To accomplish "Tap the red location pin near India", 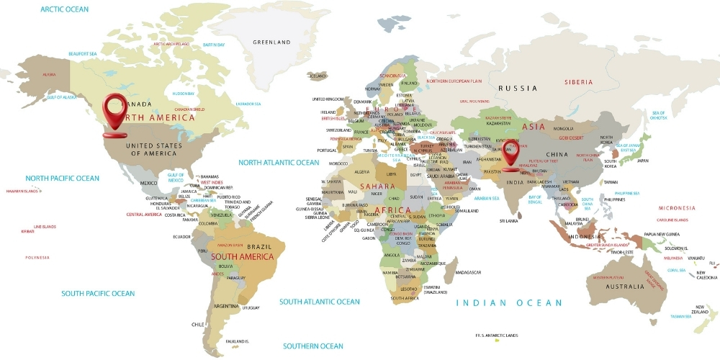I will [512, 153].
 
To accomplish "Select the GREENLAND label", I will [271, 42].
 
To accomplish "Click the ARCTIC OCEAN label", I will [65, 9].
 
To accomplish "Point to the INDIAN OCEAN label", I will [510, 303].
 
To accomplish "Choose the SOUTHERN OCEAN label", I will [313, 346].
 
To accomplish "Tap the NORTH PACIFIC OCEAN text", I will [63, 178].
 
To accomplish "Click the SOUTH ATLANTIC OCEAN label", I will [319, 302].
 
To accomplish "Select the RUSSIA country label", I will [518, 88].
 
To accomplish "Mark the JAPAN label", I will [642, 161].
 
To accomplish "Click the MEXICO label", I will [149, 183].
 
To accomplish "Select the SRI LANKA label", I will [509, 221].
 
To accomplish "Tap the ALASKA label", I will [50, 74].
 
